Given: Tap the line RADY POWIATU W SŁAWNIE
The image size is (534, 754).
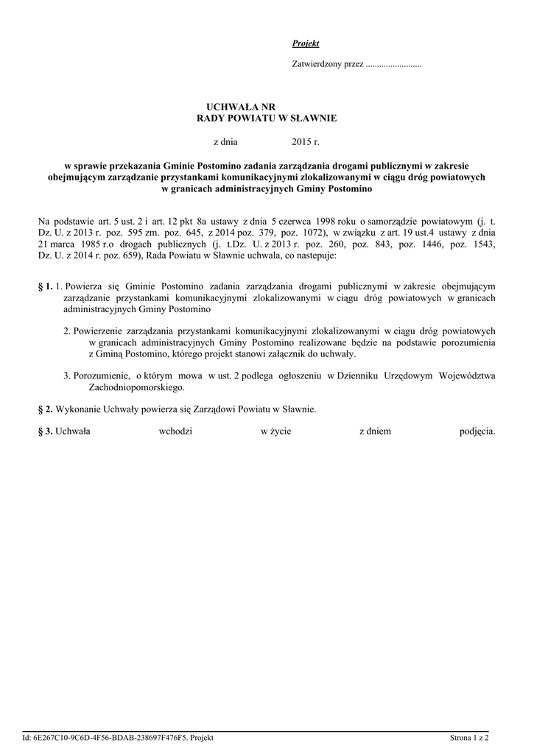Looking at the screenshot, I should click(267, 118).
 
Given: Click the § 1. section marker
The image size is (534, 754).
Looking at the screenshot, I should click(45, 286).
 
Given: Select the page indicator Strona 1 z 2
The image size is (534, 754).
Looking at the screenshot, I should click(471, 736).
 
